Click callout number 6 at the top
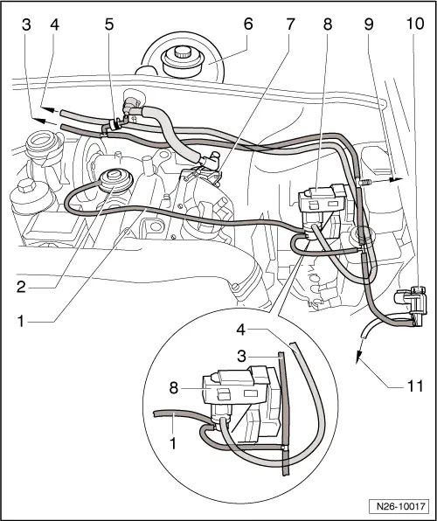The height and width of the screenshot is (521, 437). pyautogui.click(x=249, y=25)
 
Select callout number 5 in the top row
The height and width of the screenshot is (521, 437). pyautogui.click(x=108, y=25)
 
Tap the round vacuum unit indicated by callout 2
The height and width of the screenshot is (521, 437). pyautogui.click(x=113, y=180)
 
